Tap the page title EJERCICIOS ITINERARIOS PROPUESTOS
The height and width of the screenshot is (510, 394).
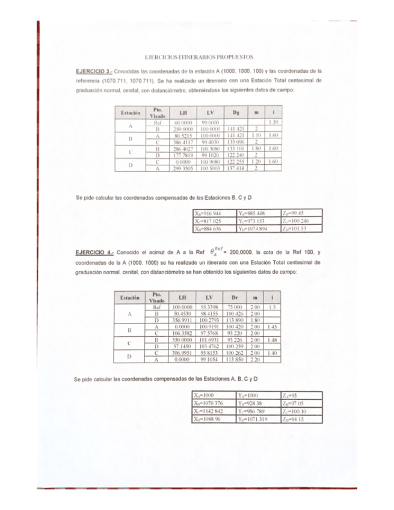(x=197, y=55)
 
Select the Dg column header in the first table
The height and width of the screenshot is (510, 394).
(x=236, y=112)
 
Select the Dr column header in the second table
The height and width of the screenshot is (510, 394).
(x=236, y=298)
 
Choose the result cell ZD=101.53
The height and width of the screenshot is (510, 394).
(x=303, y=229)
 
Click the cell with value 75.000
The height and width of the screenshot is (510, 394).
(x=236, y=307)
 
